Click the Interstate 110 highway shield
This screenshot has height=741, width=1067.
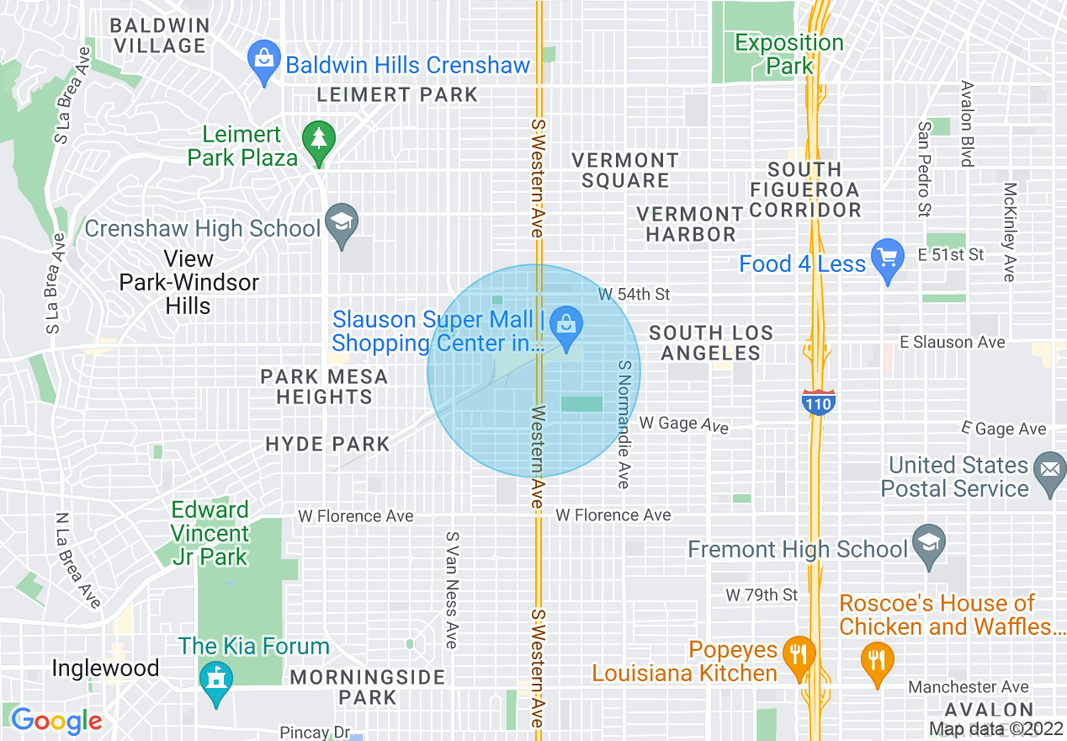817,402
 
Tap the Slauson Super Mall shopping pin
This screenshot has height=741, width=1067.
567,326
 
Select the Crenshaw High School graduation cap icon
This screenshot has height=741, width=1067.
341,224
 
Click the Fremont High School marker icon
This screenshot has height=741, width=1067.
928,546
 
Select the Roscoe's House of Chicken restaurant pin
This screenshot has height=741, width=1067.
877,663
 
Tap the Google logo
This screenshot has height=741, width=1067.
56,722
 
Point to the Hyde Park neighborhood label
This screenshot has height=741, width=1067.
327,444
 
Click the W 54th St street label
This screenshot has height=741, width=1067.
634,295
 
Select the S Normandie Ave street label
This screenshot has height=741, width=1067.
624,424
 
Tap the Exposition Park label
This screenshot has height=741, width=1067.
789,54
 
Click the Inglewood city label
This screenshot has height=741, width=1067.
105,669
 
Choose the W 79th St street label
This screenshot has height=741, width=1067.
762,595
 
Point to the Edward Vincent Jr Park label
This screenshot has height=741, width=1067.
210,533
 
